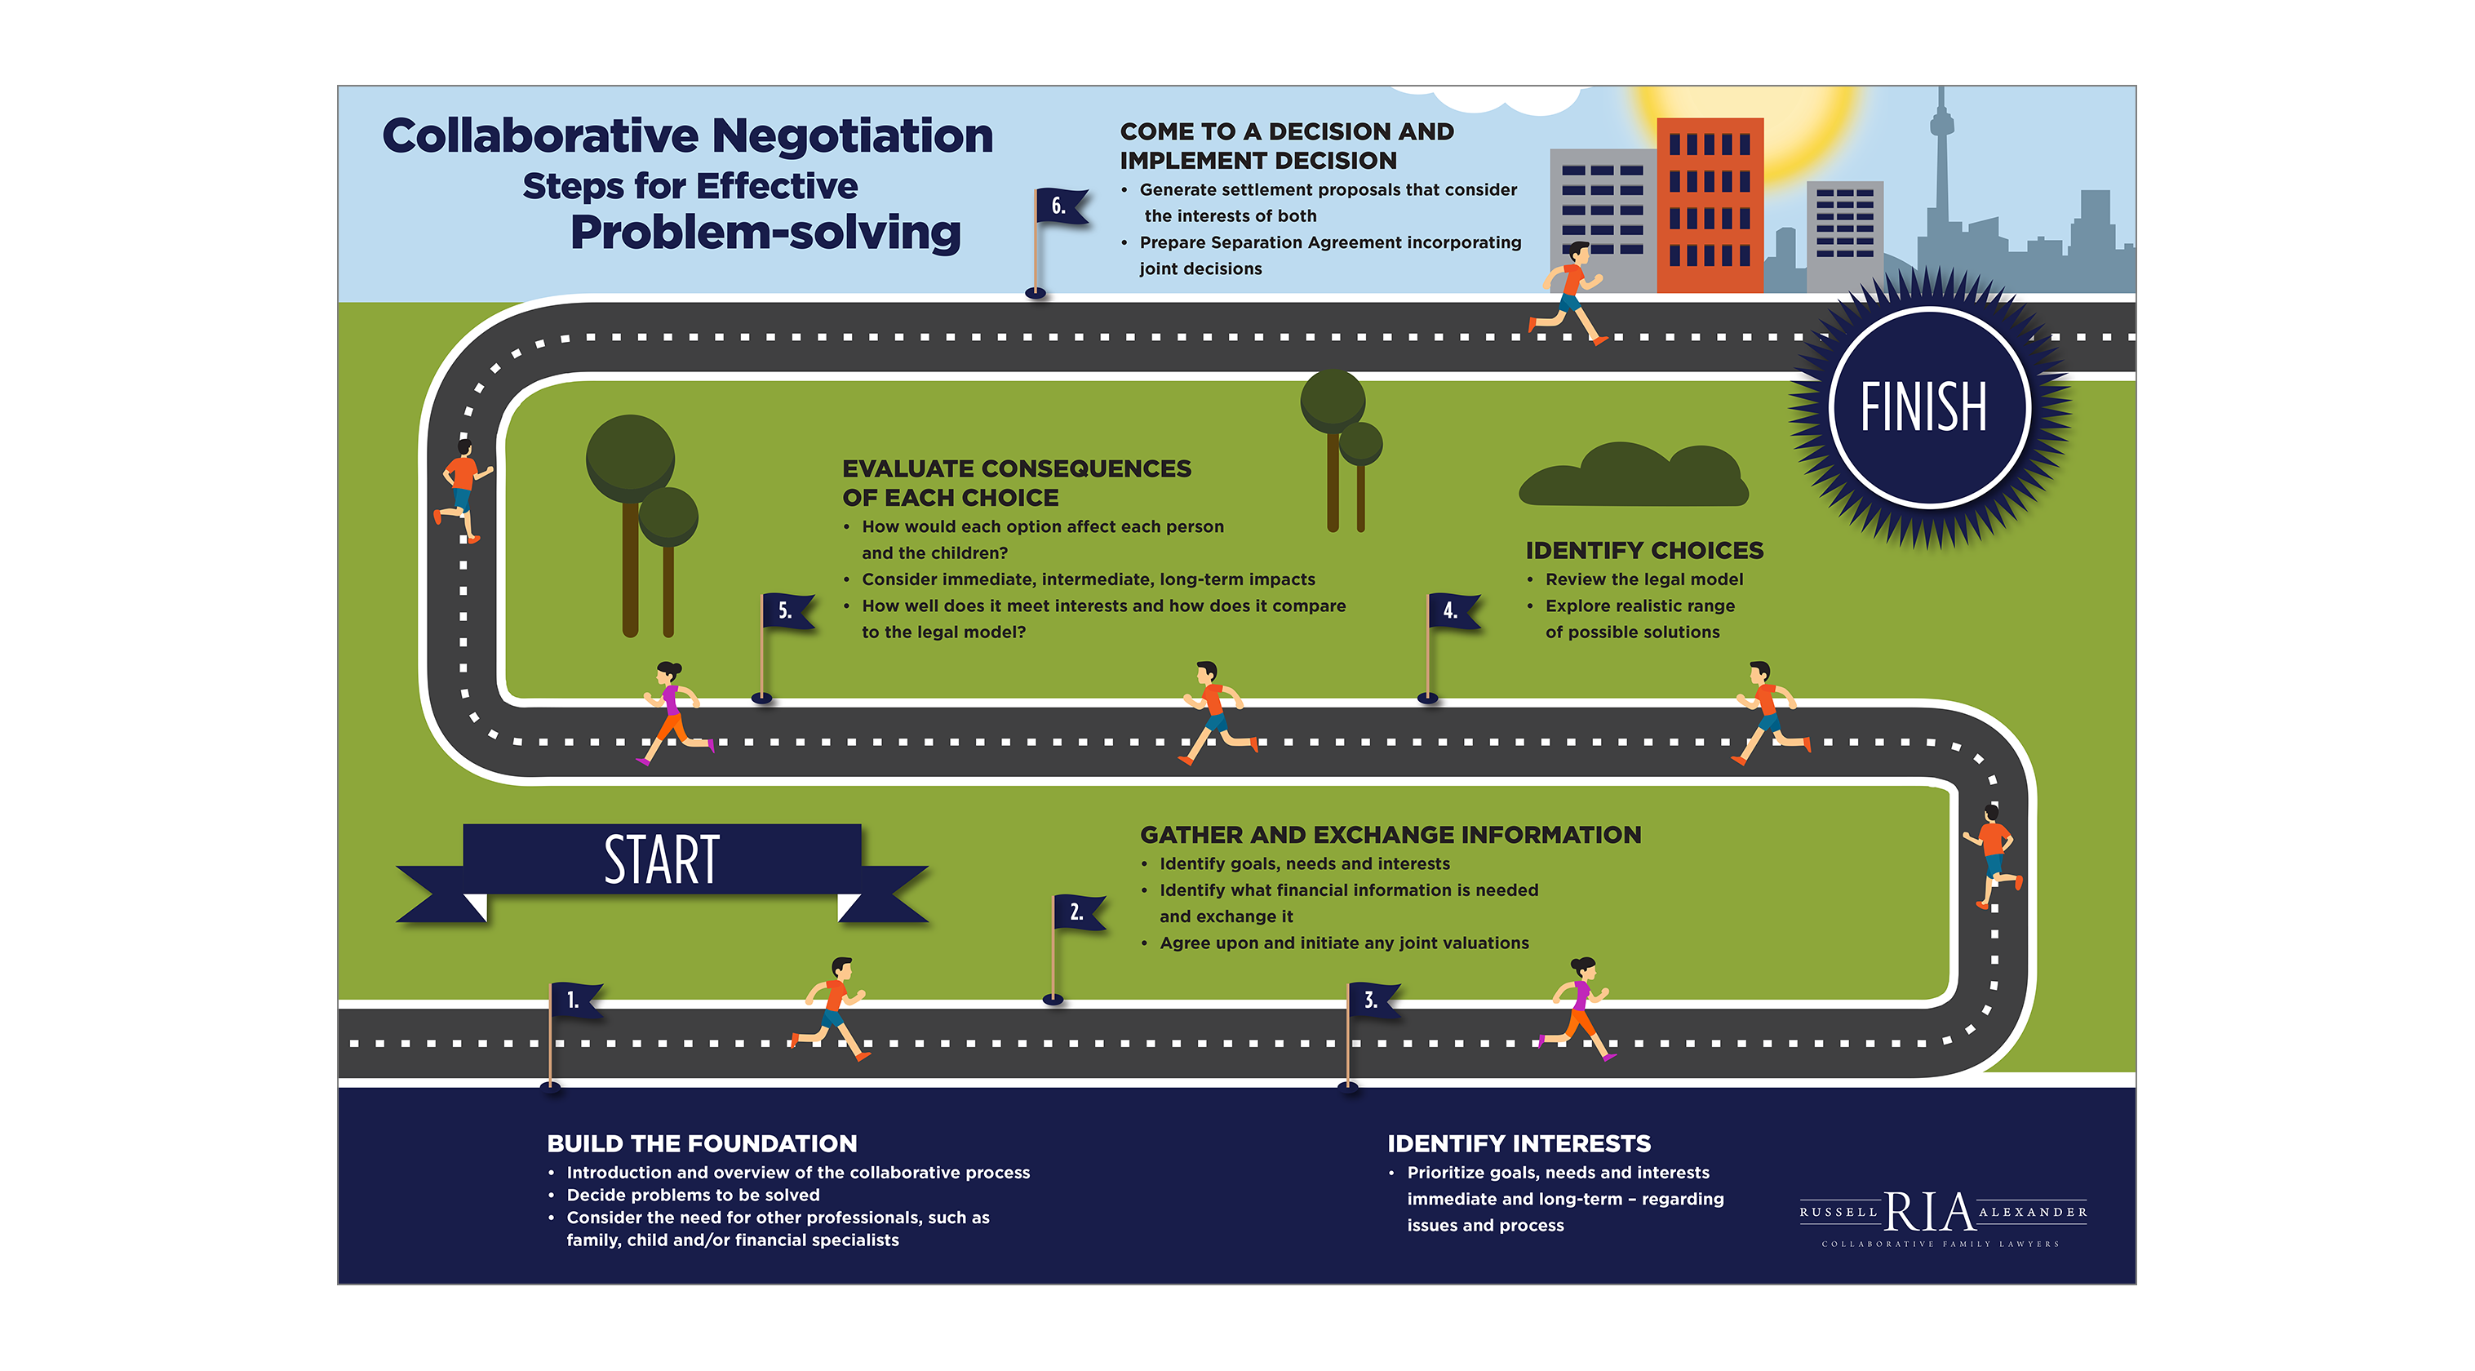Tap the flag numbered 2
click(x=1079, y=912)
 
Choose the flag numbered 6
click(x=1061, y=206)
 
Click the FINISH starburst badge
click(x=1928, y=407)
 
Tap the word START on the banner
click(x=661, y=860)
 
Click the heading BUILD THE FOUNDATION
click(x=702, y=1143)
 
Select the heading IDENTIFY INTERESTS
click(x=1518, y=1143)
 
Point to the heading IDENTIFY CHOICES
click(x=1644, y=551)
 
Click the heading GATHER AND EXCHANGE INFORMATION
click(x=1391, y=835)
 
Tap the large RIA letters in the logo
click(x=1928, y=1212)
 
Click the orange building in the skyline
click(x=1710, y=205)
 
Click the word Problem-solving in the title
click(x=765, y=233)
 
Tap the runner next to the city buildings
click(x=1568, y=292)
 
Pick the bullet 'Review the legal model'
click(x=1643, y=579)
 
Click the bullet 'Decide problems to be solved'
click(x=693, y=1196)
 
